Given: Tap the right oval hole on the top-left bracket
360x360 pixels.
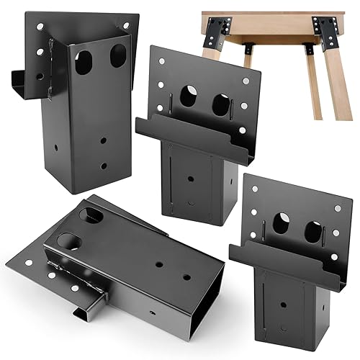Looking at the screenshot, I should coord(117,53).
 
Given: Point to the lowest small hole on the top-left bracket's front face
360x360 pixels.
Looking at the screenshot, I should coord(103,166).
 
